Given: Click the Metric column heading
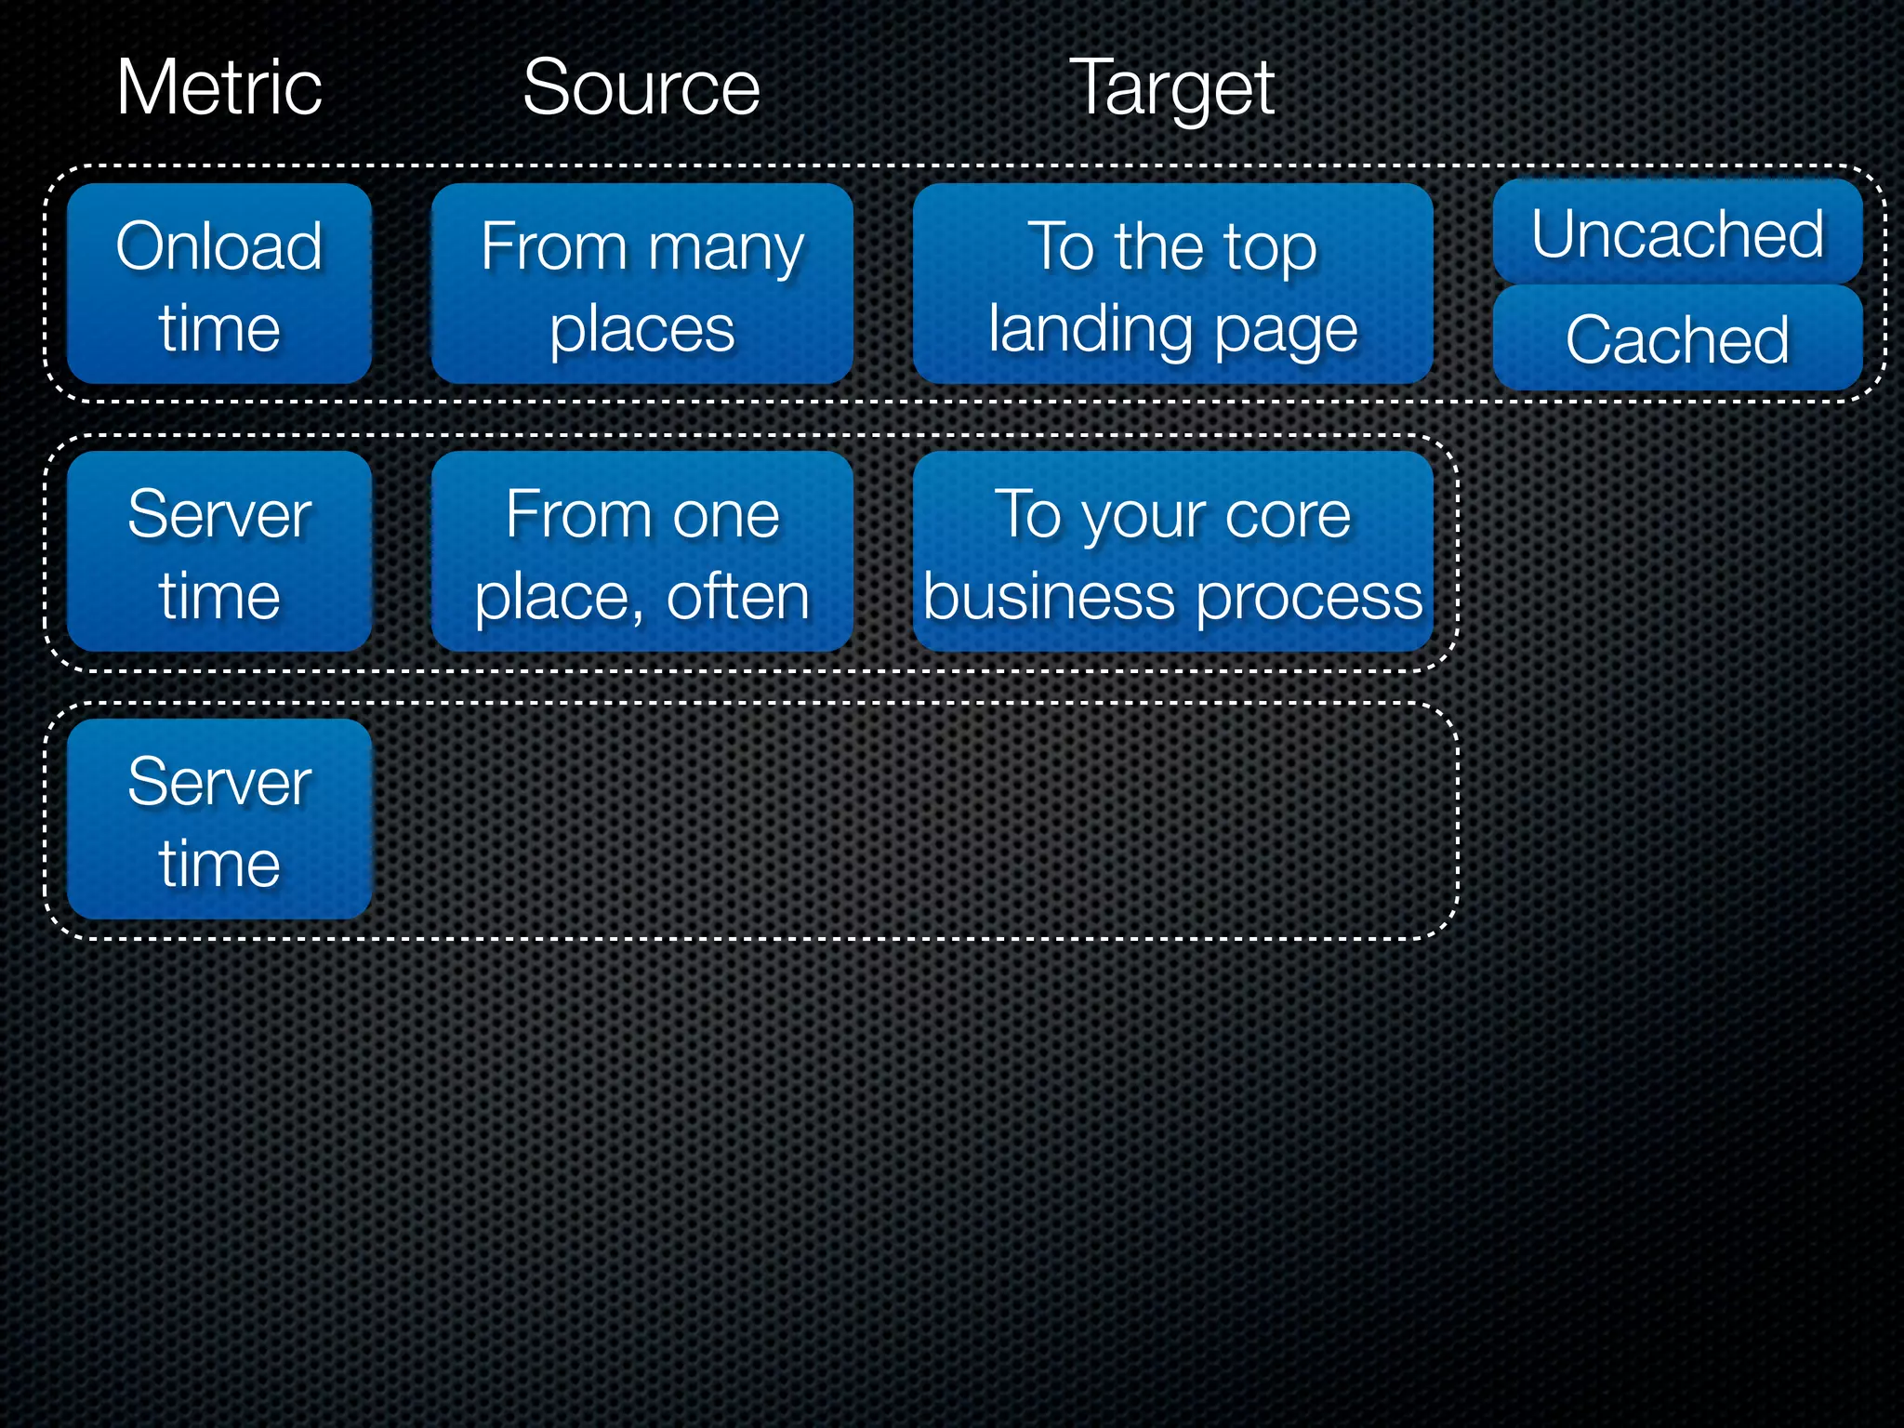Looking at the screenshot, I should pos(219,87).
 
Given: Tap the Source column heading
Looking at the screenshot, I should pos(641,87).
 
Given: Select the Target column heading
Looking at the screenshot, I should pos(1171,89).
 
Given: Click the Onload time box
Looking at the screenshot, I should pos(219,284).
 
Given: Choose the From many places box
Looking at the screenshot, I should pos(641,284).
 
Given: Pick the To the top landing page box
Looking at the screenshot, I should pos(1172,284).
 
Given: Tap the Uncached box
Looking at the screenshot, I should pos(1677,232).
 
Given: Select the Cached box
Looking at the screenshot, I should pos(1677,338).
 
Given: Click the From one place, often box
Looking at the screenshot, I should pos(641,551).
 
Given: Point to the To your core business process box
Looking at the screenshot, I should pos(1172,551).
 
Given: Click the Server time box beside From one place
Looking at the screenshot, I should pos(219,551).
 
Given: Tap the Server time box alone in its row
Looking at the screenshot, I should pos(219,819).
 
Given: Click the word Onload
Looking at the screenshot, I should pos(219,246).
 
